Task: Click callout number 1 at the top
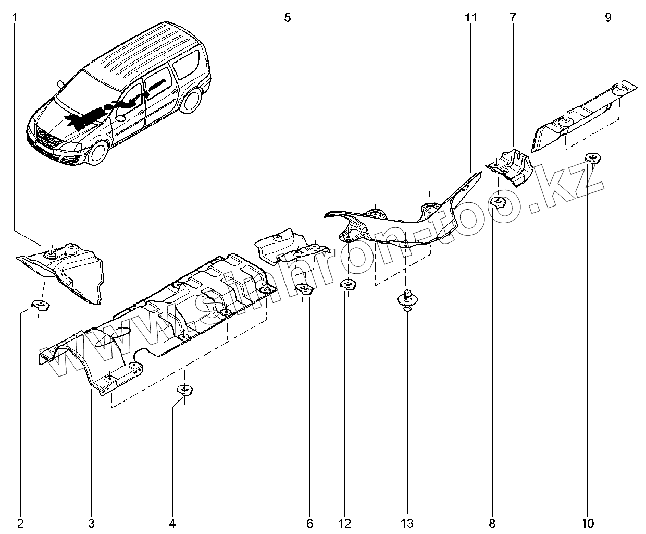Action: pos(14,17)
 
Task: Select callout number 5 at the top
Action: pos(288,17)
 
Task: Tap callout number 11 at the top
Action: pos(471,17)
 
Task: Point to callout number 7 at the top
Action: pos(513,17)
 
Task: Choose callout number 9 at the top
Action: pos(608,17)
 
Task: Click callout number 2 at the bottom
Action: pos(20,523)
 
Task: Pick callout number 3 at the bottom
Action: pos(91,523)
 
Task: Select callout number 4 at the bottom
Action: pos(172,523)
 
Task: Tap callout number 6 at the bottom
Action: pos(309,523)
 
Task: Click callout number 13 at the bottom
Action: pos(407,523)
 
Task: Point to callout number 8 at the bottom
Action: pos(492,523)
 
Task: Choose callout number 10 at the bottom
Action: pos(588,523)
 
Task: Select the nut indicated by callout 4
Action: pos(184,390)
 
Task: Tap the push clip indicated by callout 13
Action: pos(406,299)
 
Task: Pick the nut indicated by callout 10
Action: pos(592,157)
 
